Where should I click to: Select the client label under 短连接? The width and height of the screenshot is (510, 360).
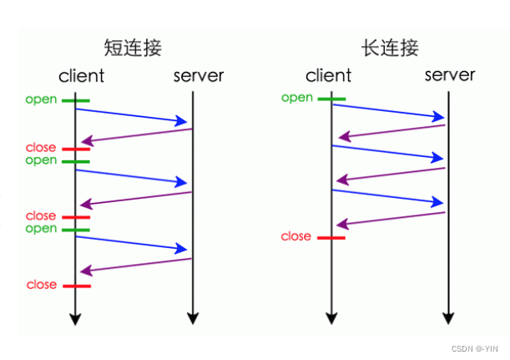click(81, 76)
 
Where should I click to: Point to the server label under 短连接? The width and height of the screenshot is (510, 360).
click(199, 76)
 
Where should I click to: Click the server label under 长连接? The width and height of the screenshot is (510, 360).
click(450, 75)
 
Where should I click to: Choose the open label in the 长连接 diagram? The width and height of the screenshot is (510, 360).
click(296, 98)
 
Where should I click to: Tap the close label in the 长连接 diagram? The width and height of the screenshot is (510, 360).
click(295, 236)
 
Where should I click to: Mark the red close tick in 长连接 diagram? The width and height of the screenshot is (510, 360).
click(331, 237)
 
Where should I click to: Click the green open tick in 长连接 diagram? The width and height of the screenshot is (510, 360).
click(331, 99)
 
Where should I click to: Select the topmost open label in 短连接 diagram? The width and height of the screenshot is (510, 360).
click(41, 100)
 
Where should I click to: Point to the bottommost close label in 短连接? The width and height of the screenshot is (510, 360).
click(41, 285)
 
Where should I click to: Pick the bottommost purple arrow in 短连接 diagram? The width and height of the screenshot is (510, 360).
click(138, 265)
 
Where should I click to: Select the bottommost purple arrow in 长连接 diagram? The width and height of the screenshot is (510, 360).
click(392, 217)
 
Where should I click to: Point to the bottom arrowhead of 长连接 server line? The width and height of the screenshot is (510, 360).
click(449, 317)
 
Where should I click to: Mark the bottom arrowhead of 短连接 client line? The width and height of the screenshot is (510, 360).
click(75, 317)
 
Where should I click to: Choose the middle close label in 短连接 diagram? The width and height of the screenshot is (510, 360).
click(41, 216)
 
